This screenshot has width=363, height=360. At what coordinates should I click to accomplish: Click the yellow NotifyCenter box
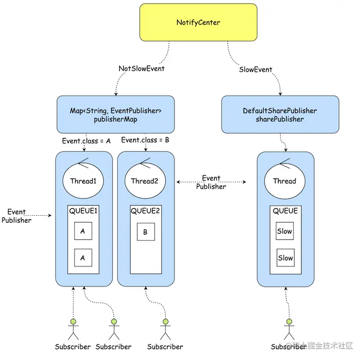tap(198, 22)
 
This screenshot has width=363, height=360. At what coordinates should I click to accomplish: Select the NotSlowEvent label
tap(141, 69)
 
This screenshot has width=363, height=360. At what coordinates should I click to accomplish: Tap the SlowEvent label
tap(255, 70)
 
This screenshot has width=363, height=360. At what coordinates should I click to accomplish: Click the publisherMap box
tap(116, 115)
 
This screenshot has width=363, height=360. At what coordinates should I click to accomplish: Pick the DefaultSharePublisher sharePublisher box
tap(280, 115)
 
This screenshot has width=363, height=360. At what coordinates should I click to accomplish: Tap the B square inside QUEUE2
tap(146, 232)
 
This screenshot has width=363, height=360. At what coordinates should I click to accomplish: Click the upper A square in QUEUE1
tap(83, 231)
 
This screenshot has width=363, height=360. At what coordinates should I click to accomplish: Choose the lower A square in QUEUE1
tap(83, 258)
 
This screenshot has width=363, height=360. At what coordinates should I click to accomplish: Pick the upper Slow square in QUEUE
tap(285, 231)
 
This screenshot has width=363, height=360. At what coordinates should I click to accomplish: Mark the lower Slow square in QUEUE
tap(286, 258)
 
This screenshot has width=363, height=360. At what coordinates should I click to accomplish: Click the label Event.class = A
tap(86, 141)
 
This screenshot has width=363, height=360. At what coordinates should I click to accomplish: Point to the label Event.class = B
tap(145, 140)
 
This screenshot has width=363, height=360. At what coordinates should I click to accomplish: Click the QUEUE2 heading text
tap(145, 211)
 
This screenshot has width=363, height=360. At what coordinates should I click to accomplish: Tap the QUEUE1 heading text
tap(83, 211)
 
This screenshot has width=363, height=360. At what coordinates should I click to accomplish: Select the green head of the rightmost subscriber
tap(289, 321)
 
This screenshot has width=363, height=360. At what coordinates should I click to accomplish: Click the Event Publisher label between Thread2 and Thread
tap(211, 182)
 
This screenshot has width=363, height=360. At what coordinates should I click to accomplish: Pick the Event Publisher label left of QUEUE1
tap(16, 216)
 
